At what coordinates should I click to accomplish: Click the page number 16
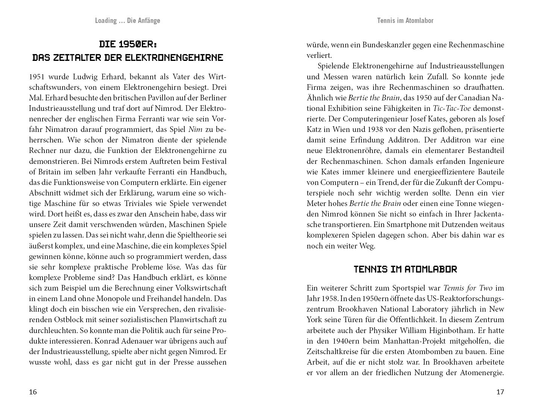pyautogui.click(x=33, y=392)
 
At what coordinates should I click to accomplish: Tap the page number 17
pyautogui.click(x=500, y=392)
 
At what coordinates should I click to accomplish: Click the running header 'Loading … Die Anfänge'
pyautogui.click(x=128, y=21)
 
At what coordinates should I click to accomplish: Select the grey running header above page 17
pyautogui.click(x=405, y=21)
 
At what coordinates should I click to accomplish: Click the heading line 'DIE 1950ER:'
pyautogui.click(x=128, y=44)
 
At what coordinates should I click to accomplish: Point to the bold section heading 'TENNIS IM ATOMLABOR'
pyautogui.click(x=405, y=270)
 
